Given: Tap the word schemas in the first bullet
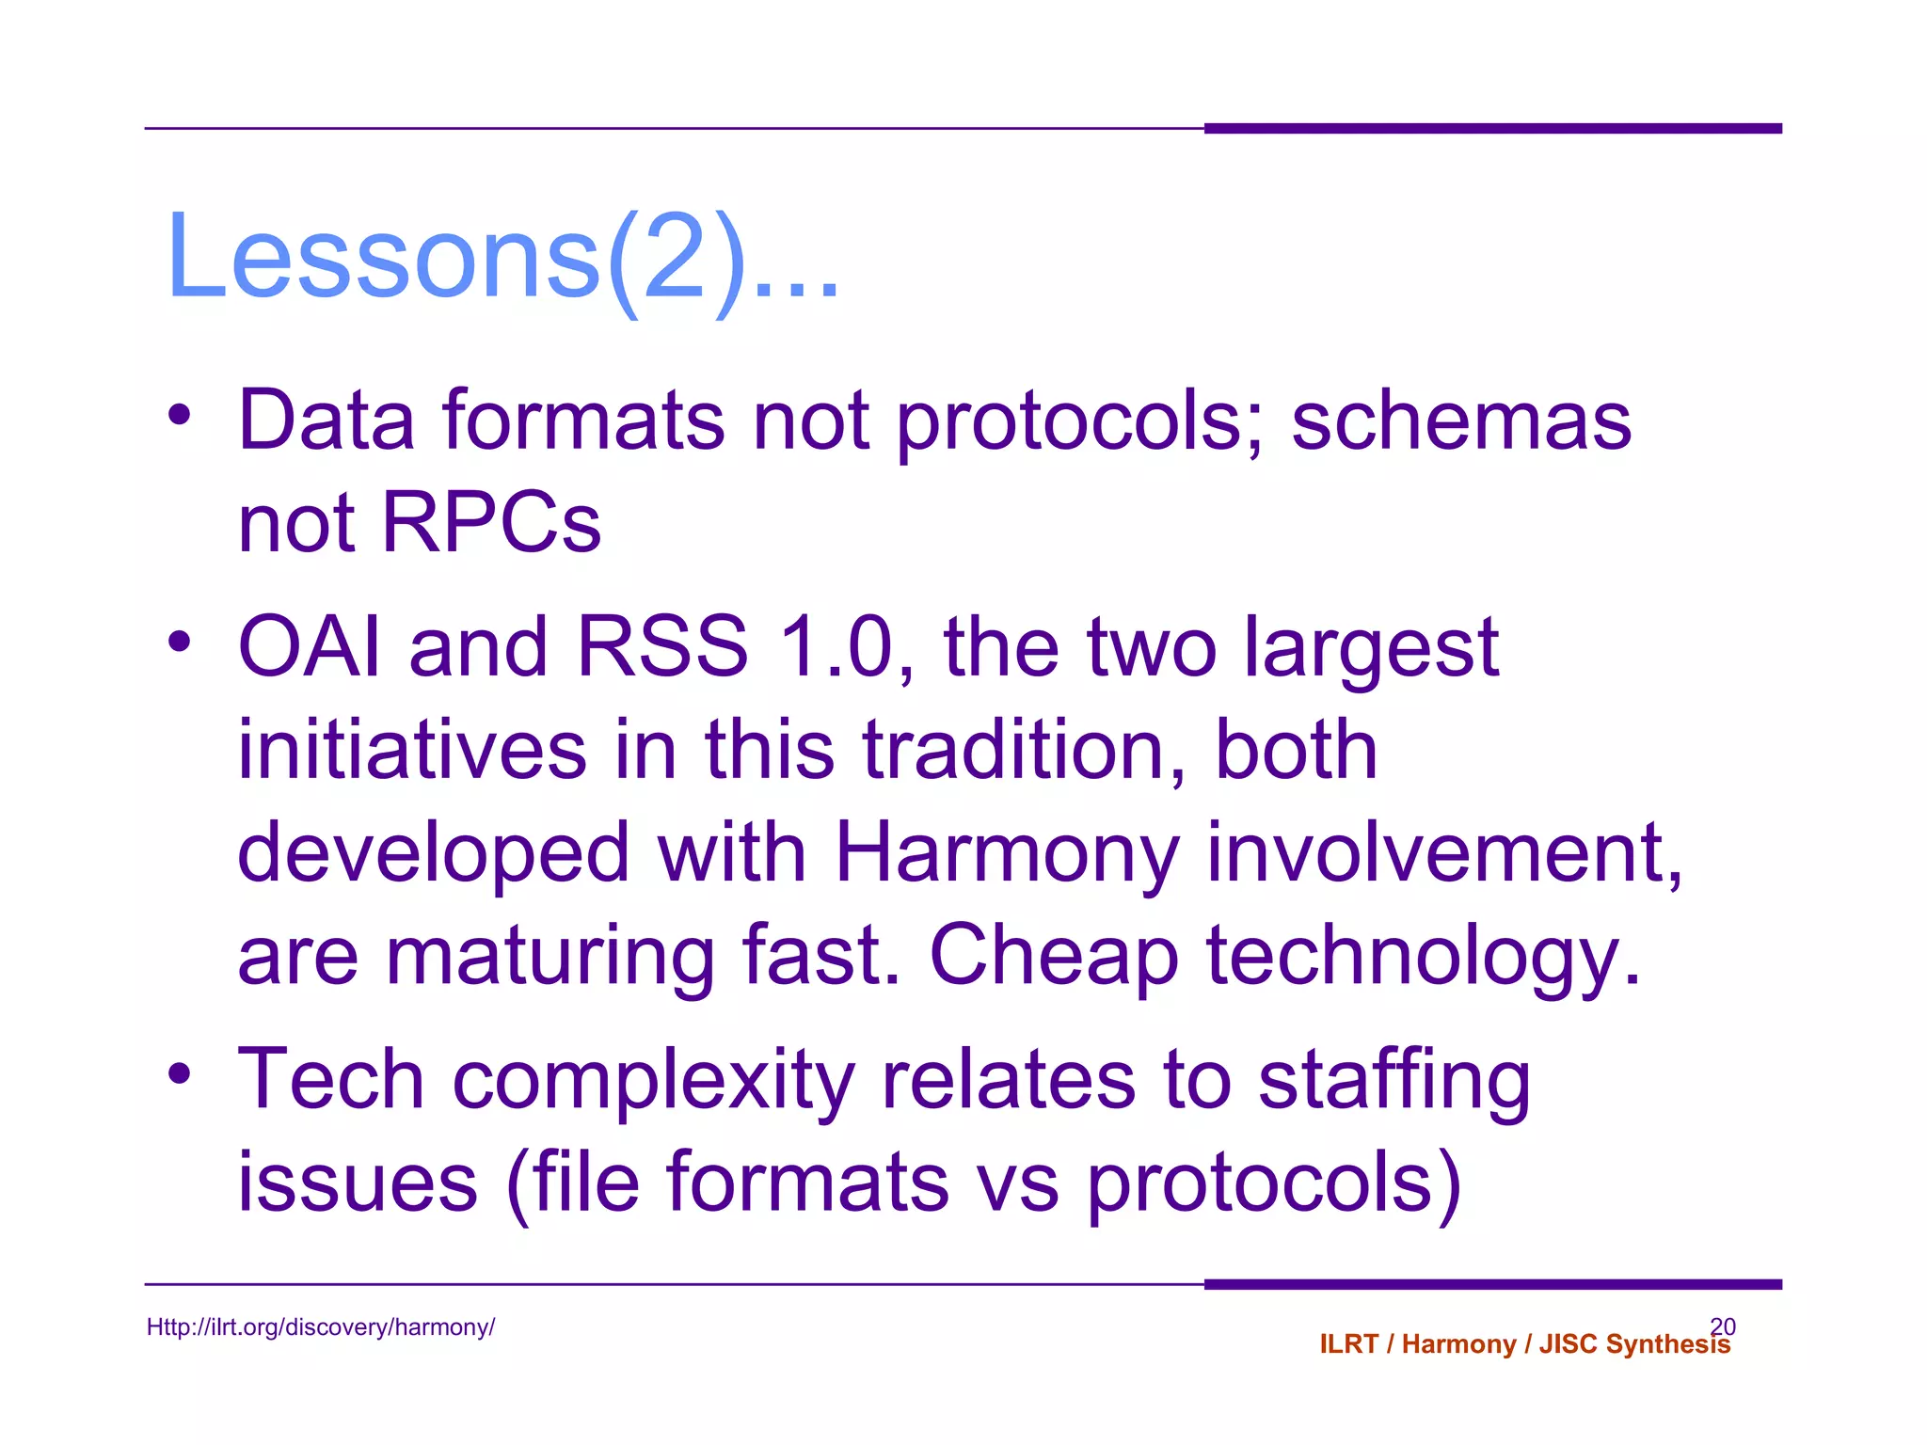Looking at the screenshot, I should click(x=1460, y=421).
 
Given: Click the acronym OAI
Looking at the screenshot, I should click(x=310, y=646).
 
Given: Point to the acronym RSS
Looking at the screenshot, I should click(x=661, y=646).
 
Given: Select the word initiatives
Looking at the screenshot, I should click(x=412, y=750).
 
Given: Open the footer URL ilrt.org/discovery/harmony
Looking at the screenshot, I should click(x=321, y=1327).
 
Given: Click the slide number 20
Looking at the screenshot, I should click(x=1723, y=1326).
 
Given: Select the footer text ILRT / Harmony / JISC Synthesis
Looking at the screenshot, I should click(x=1524, y=1344).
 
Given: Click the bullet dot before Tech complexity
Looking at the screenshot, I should click(x=180, y=1073).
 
